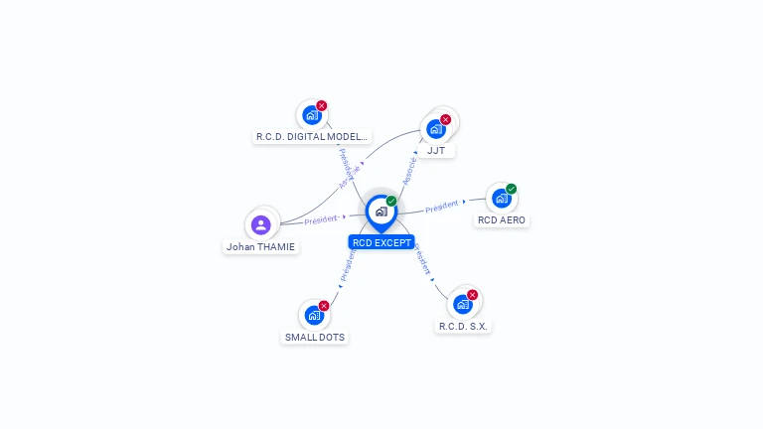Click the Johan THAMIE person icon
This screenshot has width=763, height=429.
(261, 224)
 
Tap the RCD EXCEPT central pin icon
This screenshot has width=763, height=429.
(381, 212)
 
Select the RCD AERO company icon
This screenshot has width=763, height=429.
(501, 199)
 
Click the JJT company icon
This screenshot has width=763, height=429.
(435, 129)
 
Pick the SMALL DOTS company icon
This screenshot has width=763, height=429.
(314, 316)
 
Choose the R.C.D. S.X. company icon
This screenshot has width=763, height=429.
(462, 305)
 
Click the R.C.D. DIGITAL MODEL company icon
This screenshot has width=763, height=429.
(312, 115)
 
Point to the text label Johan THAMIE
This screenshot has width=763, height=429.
(260, 247)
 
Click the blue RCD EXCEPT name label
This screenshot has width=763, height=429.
(381, 242)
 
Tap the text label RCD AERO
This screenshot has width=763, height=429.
(502, 219)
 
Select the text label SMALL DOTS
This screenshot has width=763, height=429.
(315, 338)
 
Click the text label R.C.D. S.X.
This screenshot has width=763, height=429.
(464, 326)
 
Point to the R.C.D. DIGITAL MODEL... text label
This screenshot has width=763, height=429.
(312, 137)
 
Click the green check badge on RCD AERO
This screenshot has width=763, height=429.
(511, 189)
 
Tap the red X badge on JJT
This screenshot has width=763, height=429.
(445, 119)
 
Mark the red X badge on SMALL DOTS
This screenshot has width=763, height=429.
(324, 306)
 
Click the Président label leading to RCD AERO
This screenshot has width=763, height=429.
(441, 207)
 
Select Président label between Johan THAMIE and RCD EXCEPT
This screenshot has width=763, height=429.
(321, 219)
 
